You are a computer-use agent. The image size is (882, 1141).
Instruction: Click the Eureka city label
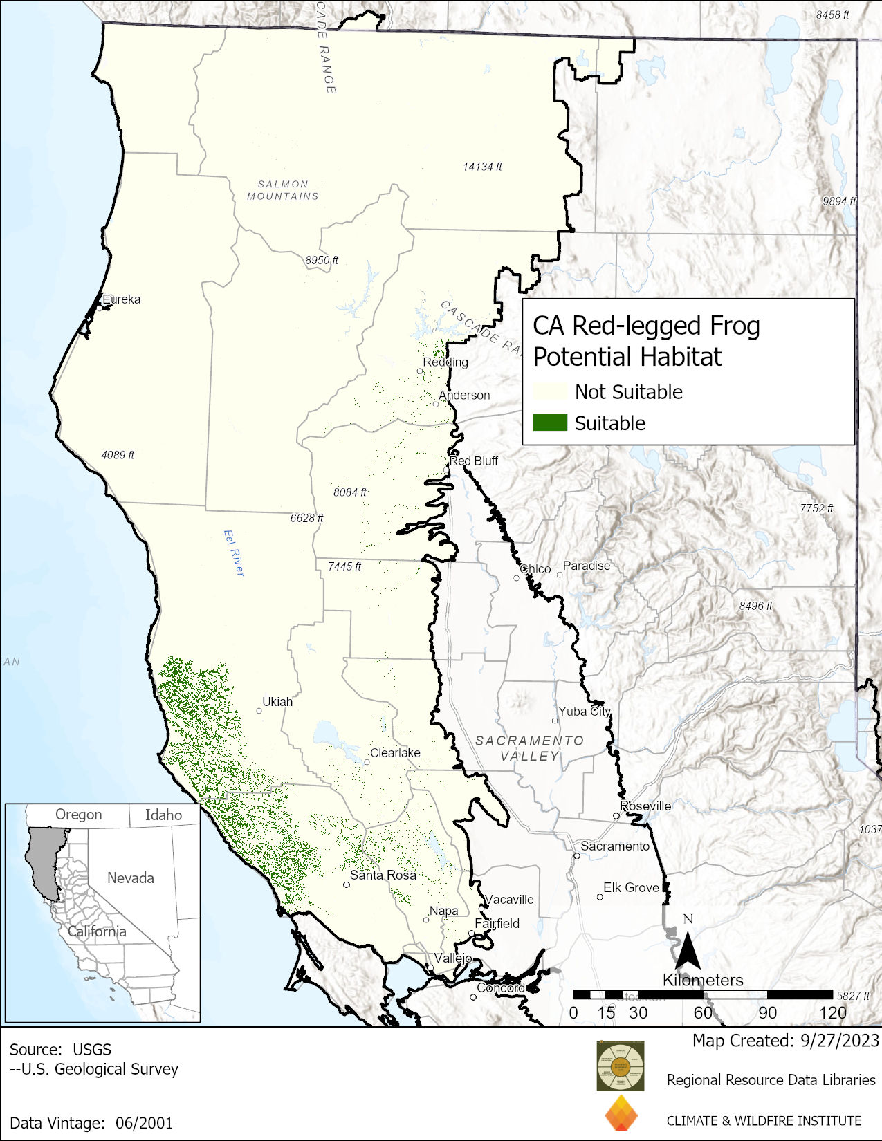122,299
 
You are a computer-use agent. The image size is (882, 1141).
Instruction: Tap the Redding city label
445,362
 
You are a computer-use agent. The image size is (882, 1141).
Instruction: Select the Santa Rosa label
383,875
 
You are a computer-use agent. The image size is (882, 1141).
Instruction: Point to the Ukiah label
277,701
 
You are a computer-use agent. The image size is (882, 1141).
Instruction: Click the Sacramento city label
615,846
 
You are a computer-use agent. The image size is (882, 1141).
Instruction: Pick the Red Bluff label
474,461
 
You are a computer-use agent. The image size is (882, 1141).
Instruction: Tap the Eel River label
234,553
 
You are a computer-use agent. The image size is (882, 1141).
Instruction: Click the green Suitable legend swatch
550,423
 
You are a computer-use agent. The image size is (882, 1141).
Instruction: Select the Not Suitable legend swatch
550,391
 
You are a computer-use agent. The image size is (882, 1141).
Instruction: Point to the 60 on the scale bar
703,1013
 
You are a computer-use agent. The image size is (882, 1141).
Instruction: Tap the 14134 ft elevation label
482,167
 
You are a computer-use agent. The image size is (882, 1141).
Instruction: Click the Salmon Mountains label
283,190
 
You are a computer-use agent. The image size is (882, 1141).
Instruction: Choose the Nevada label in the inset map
131,878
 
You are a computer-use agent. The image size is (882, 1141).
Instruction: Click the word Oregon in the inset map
79,815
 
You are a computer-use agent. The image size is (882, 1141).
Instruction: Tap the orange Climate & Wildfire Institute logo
621,1113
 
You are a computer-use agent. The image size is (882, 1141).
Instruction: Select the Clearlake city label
395,752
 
